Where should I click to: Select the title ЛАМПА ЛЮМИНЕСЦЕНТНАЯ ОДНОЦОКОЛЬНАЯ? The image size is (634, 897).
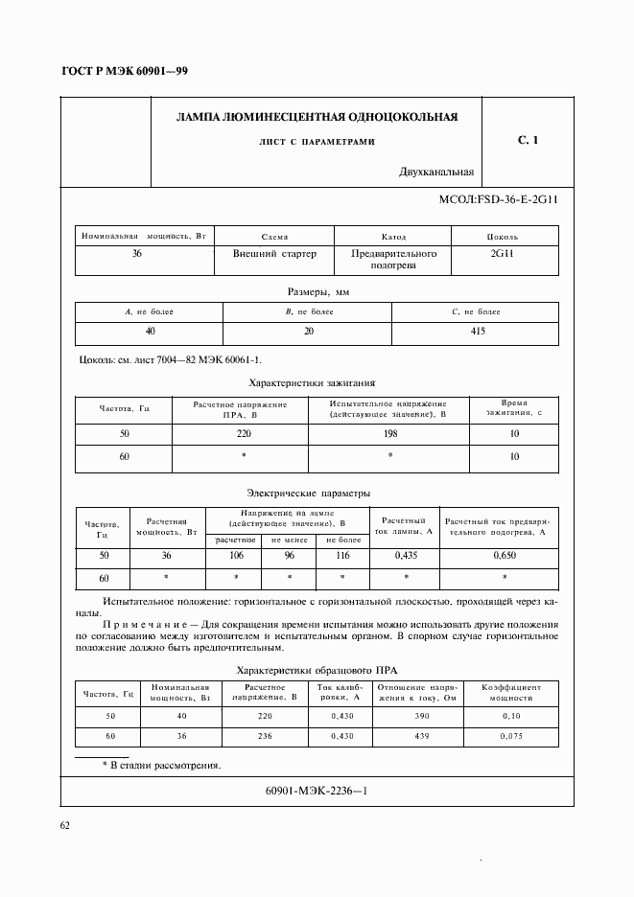pyautogui.click(x=317, y=117)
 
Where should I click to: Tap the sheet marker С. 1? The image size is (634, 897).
pyautogui.click(x=528, y=141)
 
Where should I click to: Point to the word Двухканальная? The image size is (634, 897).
pyautogui.click(x=437, y=173)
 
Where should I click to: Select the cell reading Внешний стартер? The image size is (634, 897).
pyautogui.click(x=274, y=254)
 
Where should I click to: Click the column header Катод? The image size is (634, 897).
pyautogui.click(x=393, y=237)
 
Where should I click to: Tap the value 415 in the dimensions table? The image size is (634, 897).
pyautogui.click(x=477, y=331)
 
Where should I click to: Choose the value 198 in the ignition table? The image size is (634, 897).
pyautogui.click(x=389, y=433)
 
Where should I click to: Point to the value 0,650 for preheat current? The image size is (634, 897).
pyautogui.click(x=505, y=555)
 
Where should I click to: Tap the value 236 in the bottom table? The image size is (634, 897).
pyautogui.click(x=265, y=735)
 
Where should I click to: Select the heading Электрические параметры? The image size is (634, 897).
pyautogui.click(x=308, y=493)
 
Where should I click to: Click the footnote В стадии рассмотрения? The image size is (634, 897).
pyautogui.click(x=162, y=765)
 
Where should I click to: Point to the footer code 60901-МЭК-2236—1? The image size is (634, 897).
pyautogui.click(x=316, y=791)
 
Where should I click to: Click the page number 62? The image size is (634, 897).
pyautogui.click(x=65, y=825)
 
